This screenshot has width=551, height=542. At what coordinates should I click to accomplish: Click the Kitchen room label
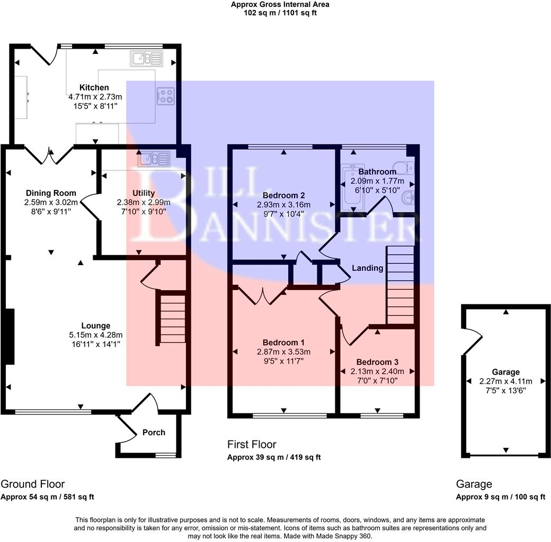pos(94,87)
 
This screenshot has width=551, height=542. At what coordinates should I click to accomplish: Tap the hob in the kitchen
pos(165,96)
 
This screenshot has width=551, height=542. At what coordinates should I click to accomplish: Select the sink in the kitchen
pos(147,59)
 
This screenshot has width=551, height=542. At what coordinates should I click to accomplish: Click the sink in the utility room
pos(154,159)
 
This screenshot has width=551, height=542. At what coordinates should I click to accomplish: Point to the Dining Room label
pos(51,193)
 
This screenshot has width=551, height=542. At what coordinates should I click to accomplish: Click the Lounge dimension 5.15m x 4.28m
pos(95,335)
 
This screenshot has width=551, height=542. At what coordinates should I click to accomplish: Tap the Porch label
pos(154,432)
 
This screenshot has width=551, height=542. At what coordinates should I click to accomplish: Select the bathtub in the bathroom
pos(354,188)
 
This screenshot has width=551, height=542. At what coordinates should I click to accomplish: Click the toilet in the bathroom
pos(404,168)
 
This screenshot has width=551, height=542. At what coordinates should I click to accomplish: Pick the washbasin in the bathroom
pos(408,198)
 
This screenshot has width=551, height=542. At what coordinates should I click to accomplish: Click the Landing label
pos(367,268)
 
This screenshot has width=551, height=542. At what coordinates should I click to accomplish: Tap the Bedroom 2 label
pos(283,195)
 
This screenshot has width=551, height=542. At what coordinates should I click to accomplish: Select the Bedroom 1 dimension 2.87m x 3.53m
pos(283,352)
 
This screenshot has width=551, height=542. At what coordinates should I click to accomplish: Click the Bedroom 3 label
pos(377,362)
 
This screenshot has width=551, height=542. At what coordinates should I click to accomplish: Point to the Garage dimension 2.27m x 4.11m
pos(505,381)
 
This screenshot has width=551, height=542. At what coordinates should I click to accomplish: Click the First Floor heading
pos(252,445)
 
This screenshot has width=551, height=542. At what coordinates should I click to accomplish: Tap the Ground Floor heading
pos(33,484)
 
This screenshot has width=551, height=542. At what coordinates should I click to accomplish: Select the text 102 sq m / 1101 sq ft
pos(280,13)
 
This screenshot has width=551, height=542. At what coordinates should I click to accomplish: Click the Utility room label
pos(144,193)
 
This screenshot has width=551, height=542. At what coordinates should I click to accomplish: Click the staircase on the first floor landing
pos(400,285)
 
